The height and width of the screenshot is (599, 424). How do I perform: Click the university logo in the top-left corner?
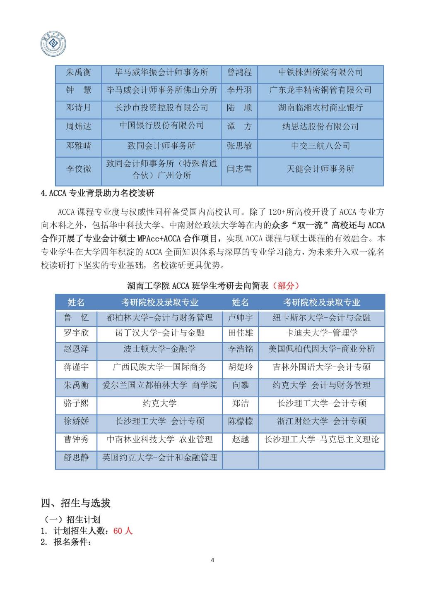click(53, 43)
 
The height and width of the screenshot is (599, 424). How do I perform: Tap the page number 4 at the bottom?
click(212, 561)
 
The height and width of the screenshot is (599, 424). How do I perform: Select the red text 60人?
click(123, 531)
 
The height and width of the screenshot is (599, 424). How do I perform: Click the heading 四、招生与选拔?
click(76, 503)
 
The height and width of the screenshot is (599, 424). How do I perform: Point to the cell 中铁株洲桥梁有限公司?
click(320, 72)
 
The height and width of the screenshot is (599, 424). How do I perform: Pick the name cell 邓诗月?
click(78, 108)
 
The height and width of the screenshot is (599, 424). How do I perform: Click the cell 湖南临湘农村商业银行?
click(320, 108)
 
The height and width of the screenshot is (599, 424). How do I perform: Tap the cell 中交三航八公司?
click(320, 146)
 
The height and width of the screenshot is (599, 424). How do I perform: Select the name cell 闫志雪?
click(239, 169)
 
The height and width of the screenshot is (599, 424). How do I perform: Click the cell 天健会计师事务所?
click(320, 169)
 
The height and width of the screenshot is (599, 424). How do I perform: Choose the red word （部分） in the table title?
click(286, 285)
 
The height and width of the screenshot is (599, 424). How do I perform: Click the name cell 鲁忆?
click(76, 318)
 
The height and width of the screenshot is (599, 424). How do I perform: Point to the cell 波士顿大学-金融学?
click(159, 349)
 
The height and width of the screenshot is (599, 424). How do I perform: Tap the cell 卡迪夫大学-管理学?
click(322, 333)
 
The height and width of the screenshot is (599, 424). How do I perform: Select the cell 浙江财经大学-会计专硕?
click(322, 421)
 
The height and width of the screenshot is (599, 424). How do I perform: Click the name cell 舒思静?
click(76, 458)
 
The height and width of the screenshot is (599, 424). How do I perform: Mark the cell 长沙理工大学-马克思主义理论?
click(322, 439)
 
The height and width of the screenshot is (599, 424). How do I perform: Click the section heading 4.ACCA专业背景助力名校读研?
click(98, 193)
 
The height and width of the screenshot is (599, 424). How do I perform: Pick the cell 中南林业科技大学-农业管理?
click(159, 439)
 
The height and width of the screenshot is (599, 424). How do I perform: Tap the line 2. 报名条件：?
click(66, 542)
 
